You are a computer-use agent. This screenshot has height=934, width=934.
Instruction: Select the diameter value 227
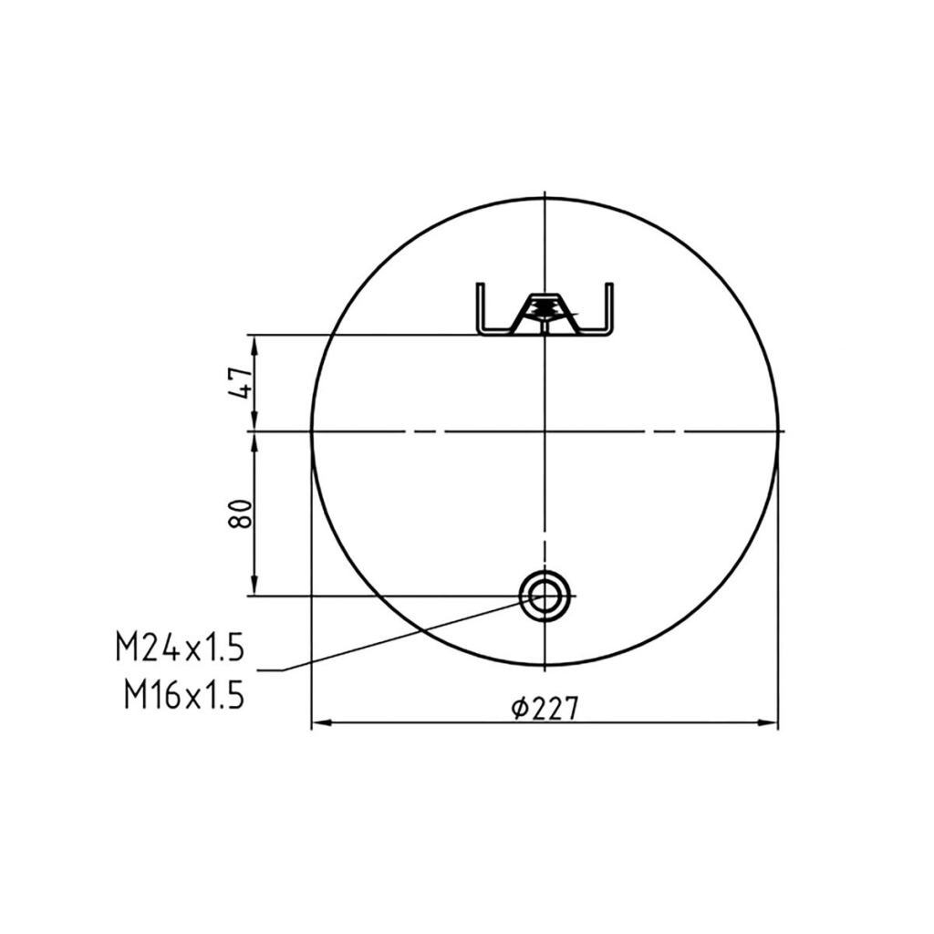(554, 708)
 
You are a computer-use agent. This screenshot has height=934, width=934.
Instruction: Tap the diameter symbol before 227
(519, 708)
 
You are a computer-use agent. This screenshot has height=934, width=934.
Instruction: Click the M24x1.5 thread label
(181, 648)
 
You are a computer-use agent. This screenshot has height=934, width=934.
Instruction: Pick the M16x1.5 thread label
(184, 694)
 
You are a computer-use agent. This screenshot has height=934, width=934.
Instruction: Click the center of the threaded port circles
(545, 595)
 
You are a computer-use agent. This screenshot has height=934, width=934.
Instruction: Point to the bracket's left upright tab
(480, 306)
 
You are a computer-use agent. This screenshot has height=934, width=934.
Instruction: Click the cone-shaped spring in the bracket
(545, 310)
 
